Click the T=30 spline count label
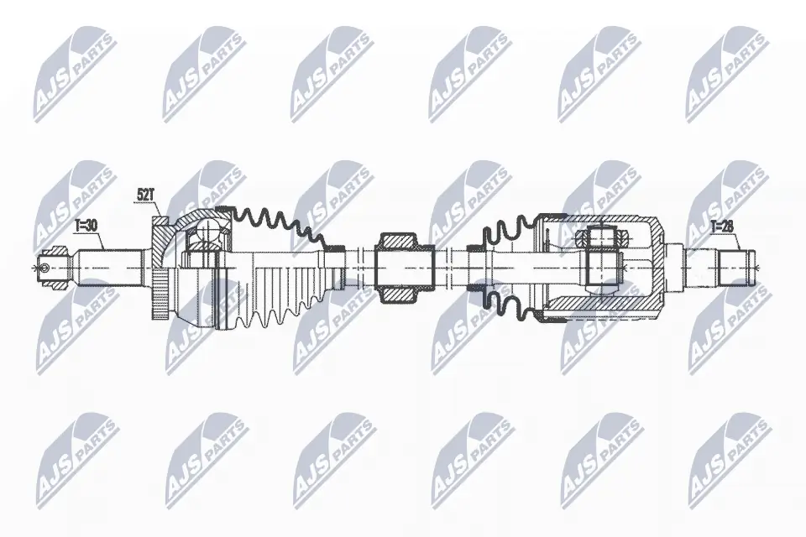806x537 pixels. tap(86, 225)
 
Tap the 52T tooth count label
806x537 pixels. tap(146, 195)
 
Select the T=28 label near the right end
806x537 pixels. tap(721, 226)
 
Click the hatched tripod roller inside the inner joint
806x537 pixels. tap(602, 238)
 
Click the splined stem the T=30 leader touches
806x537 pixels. tap(109, 267)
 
